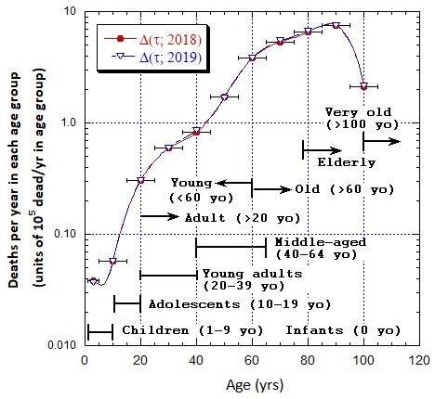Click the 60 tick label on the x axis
coord(252,359)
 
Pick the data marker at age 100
coord(363,86)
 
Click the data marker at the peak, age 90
coord(336,25)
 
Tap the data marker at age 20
coord(140,180)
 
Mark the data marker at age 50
coord(224,97)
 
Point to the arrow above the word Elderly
coord(323,148)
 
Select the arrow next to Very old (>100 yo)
coord(381,141)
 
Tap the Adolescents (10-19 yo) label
coord(229,303)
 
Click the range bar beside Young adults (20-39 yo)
coord(168,275)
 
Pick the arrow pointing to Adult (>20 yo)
coord(159,216)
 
